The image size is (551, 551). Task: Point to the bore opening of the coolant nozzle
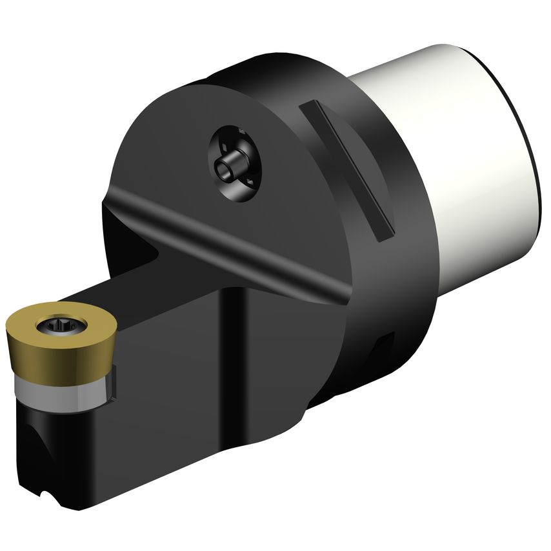pos(225,169)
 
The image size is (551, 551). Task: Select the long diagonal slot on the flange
pos(345,169)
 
